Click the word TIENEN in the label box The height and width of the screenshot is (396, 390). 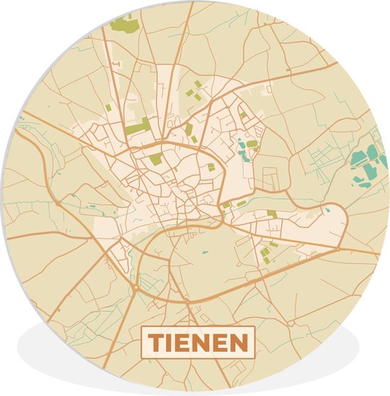[198, 343]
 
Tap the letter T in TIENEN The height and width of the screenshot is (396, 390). [155, 343]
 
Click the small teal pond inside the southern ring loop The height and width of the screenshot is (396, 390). [205, 252]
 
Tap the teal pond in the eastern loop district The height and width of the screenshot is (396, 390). [328, 210]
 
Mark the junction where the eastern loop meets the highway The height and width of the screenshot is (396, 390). [339, 248]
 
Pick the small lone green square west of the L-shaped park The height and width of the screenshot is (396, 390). [108, 108]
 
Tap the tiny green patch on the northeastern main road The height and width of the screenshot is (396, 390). [268, 91]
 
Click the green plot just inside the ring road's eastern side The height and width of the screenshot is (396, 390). [211, 167]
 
